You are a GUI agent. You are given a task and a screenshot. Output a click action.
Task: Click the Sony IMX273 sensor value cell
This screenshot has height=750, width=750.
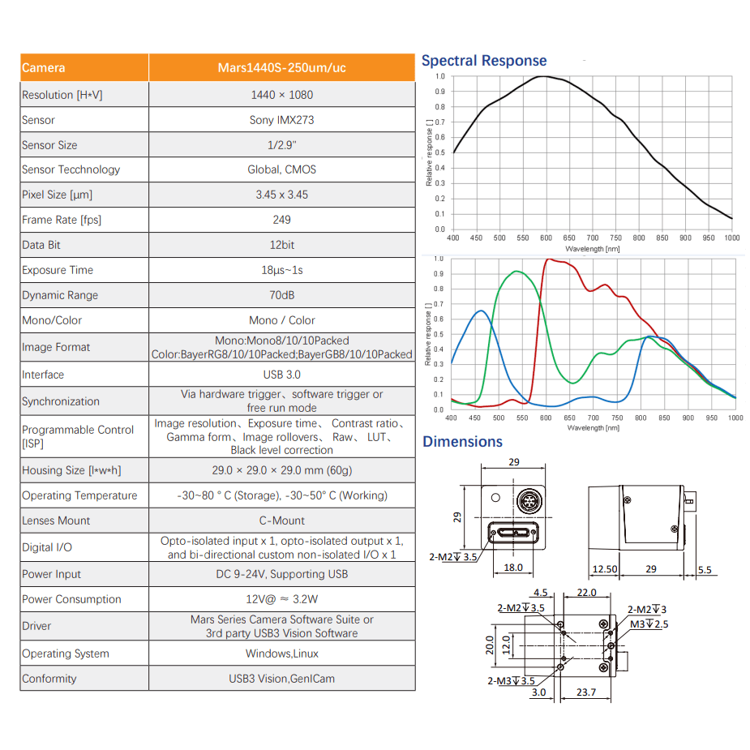[x=281, y=120]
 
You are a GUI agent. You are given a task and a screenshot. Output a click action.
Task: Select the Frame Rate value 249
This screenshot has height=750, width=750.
[x=281, y=220]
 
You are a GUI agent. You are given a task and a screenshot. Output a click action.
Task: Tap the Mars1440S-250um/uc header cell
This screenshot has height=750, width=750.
[x=281, y=68]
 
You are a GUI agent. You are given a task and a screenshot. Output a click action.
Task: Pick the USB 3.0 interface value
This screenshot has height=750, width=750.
[x=281, y=375]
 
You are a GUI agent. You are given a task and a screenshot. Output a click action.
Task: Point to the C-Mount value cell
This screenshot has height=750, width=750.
[x=281, y=521]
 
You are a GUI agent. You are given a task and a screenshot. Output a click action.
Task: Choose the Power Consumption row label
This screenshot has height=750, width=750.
[x=71, y=599]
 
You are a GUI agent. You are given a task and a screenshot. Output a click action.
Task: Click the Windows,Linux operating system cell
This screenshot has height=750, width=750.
[x=281, y=654]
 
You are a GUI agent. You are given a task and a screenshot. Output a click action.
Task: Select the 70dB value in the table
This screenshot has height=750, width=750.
[x=281, y=295]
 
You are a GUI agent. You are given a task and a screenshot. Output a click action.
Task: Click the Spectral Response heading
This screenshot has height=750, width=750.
[x=484, y=61]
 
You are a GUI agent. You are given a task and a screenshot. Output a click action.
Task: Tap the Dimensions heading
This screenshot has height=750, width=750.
[x=462, y=442]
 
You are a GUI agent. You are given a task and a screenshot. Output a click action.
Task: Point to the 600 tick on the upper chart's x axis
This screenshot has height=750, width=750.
[x=546, y=238]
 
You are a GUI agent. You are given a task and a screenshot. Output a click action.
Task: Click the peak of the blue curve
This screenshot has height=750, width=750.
[x=482, y=311]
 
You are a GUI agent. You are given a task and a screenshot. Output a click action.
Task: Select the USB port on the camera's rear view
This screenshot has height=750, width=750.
[x=513, y=534]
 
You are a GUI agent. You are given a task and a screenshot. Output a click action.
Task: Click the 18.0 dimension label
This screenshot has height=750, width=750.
[x=513, y=568]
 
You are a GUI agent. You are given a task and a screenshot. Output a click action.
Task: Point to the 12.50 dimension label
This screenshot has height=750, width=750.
[x=605, y=570]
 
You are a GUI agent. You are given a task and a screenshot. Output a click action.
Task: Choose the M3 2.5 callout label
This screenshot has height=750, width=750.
[x=649, y=624]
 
